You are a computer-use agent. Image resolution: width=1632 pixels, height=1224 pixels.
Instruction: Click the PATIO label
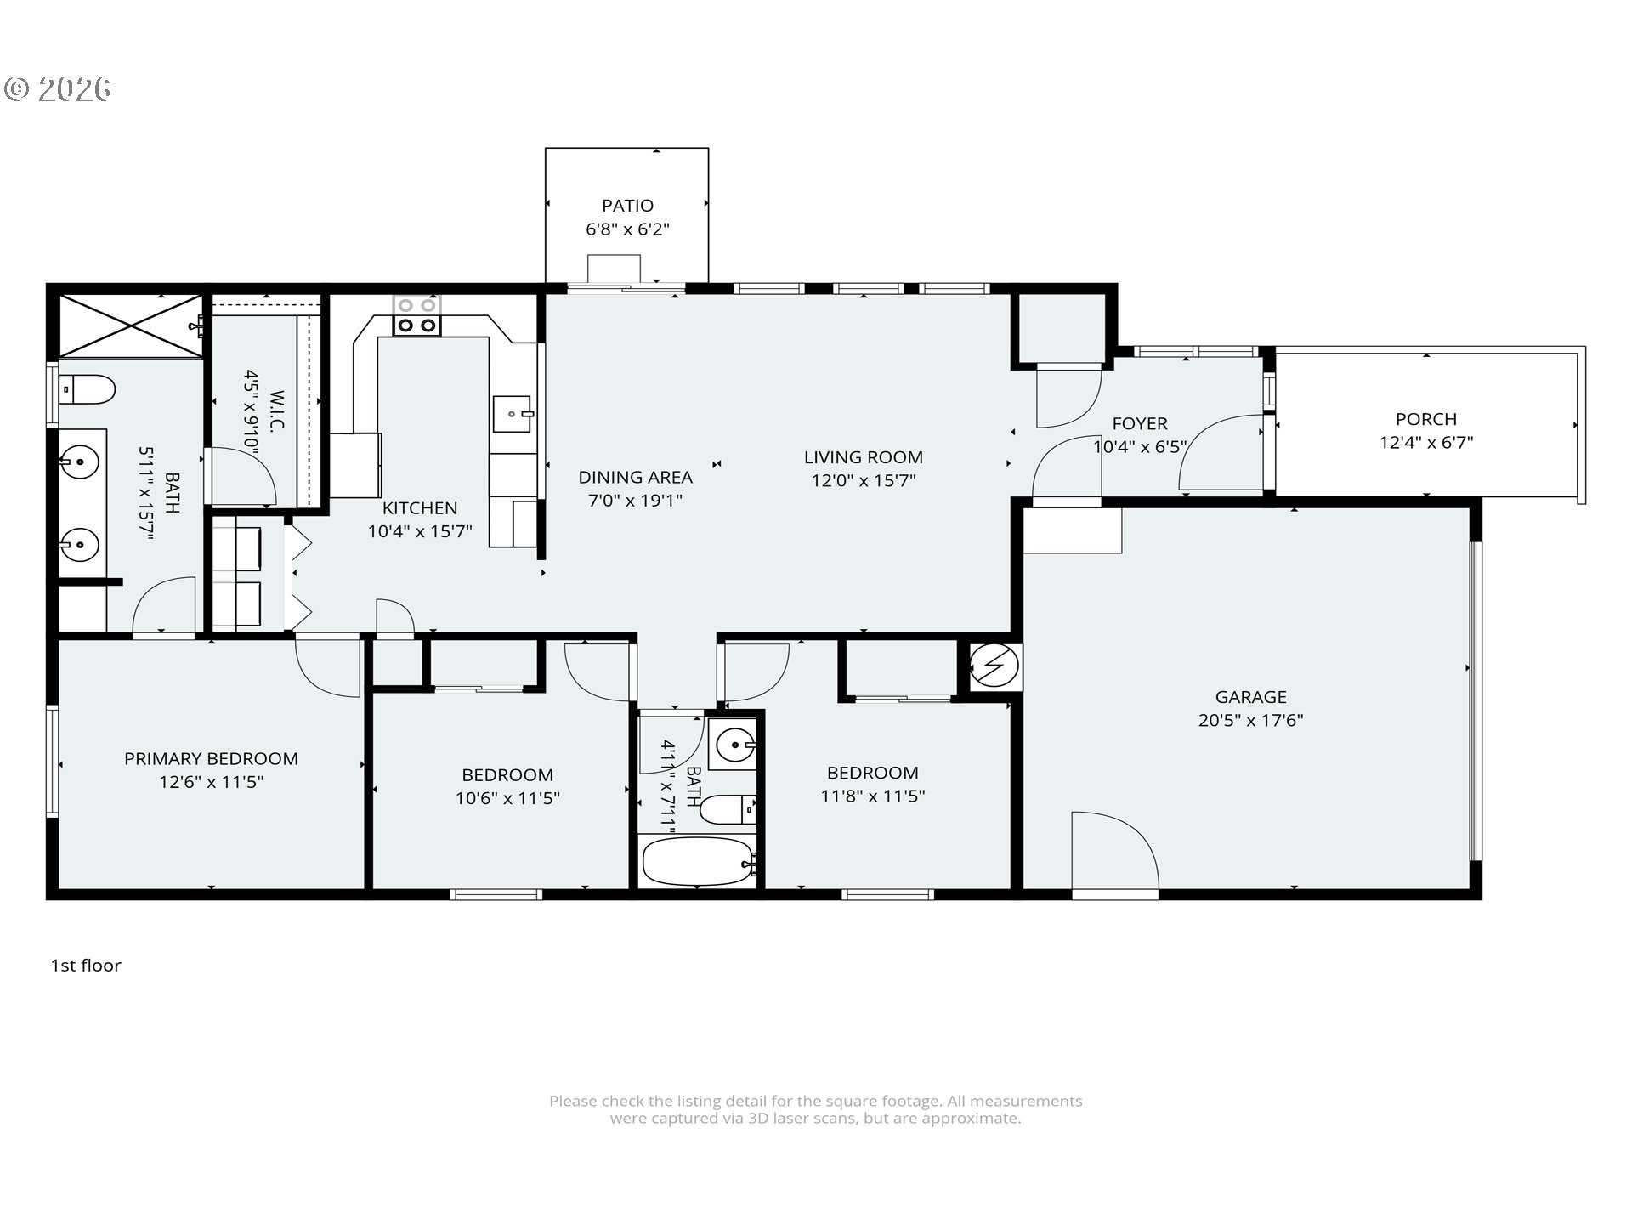627,206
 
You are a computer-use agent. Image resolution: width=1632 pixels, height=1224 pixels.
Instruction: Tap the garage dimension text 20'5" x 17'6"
1250,721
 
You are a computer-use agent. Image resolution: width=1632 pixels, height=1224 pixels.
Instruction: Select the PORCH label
1425,419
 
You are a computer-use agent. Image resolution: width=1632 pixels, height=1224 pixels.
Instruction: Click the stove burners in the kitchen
416,315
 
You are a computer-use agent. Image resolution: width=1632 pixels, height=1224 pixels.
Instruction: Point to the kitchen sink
513,414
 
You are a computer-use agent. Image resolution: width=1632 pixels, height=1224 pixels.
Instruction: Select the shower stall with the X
130,326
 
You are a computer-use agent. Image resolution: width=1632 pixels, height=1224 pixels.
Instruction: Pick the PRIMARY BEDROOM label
211,759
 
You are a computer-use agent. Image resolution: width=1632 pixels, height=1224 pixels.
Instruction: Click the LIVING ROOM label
863,457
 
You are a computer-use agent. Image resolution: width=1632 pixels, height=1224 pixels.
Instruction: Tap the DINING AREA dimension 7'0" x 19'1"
635,501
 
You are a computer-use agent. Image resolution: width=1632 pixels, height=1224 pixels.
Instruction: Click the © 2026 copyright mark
58,89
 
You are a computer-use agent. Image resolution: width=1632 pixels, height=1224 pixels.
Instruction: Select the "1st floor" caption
86,966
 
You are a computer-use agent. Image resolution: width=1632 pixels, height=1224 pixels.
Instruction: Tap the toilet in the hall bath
728,809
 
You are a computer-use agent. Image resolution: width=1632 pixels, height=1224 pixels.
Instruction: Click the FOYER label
1139,423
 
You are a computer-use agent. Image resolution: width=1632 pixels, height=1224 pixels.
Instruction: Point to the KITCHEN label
420,508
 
